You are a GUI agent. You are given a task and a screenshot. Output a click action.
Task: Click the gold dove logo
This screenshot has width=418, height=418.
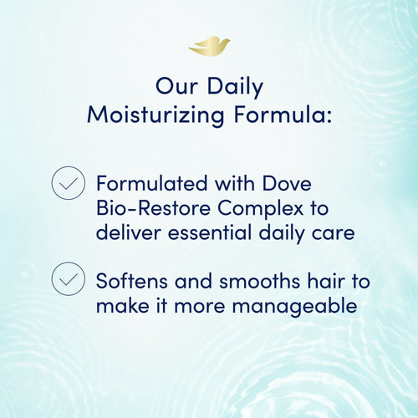[209, 47]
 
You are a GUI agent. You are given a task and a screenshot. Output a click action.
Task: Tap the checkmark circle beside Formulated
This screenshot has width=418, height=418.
[68, 183]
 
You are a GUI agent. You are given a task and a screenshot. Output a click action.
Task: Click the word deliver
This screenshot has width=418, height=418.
[125, 232]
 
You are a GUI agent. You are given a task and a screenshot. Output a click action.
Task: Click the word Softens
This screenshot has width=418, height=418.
[132, 282]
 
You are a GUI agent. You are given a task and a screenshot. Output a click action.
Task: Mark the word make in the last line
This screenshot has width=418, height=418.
[120, 306]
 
